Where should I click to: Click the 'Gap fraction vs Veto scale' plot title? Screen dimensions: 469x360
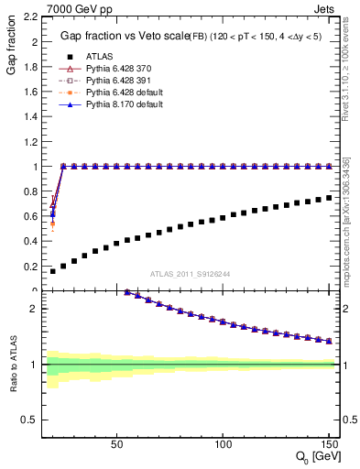pos(121,36)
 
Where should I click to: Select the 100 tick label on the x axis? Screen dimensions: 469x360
pos(223,444)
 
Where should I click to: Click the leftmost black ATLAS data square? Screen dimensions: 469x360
pos(52,271)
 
